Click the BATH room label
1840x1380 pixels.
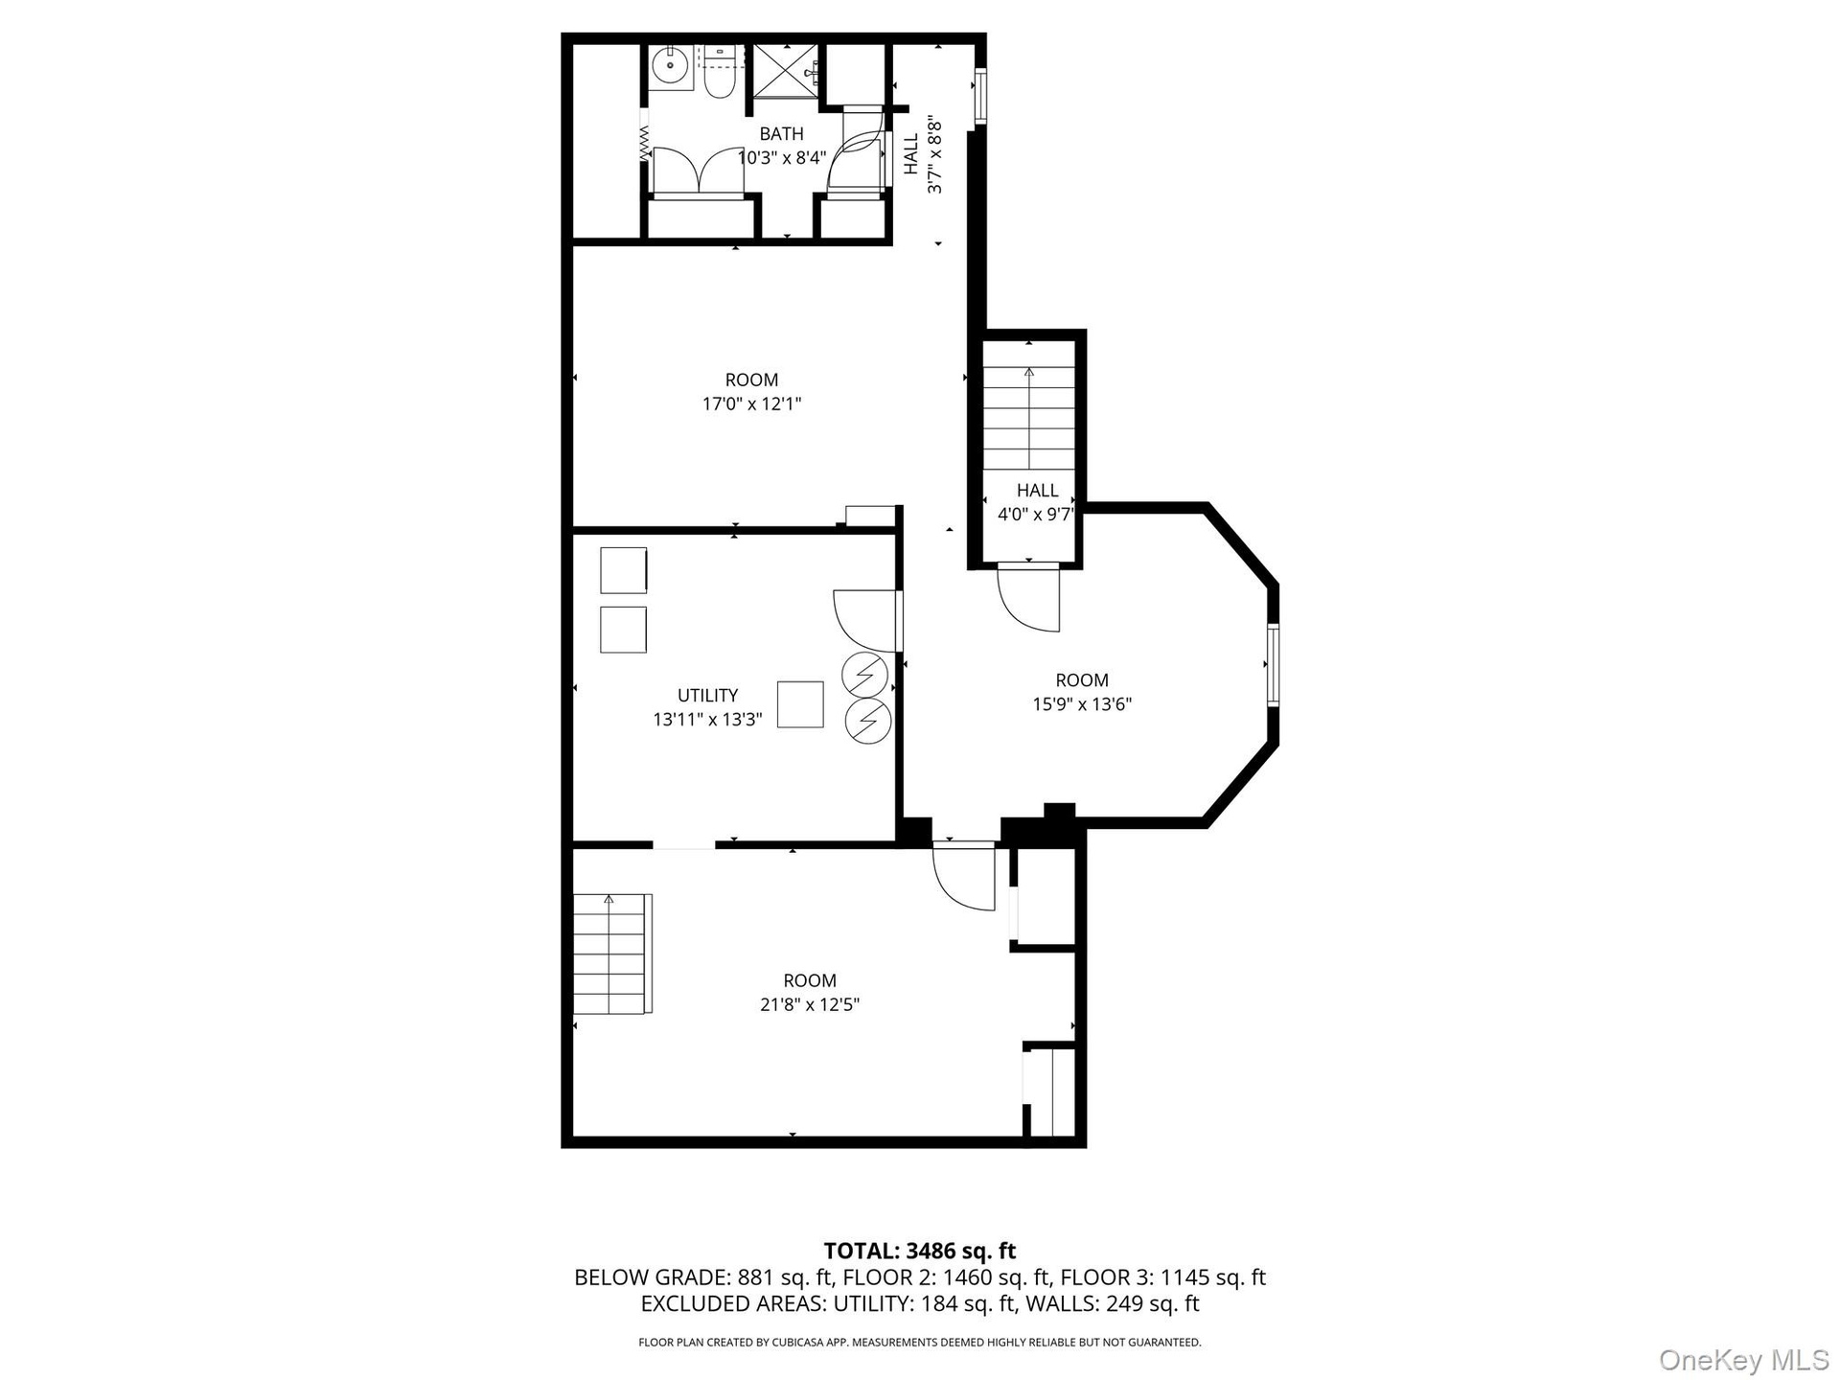tap(781, 134)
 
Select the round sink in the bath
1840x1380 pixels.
tap(670, 67)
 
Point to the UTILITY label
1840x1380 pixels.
tap(707, 696)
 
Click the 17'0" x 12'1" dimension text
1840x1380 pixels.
tap(751, 404)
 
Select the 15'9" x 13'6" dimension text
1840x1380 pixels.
tap(1082, 704)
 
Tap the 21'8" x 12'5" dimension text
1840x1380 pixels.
tap(810, 1004)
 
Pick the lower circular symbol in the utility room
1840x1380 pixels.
tap(868, 719)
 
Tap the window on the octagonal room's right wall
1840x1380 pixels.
tap(1274, 664)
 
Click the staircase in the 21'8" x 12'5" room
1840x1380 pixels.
tap(612, 954)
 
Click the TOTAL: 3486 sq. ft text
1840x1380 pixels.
tap(920, 1251)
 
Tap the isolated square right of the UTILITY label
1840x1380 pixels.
tap(800, 704)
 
